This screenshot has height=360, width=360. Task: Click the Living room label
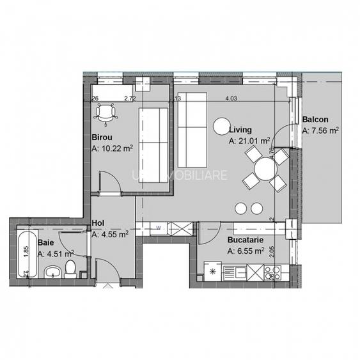[240, 130]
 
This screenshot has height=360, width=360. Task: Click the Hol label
[98, 223]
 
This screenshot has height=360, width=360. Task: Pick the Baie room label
[45, 243]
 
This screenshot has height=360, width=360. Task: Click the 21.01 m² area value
[253, 141]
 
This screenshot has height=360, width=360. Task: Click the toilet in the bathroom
[72, 269]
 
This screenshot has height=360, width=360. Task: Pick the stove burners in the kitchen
[276, 274]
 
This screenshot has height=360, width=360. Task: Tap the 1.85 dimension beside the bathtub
[26, 251]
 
